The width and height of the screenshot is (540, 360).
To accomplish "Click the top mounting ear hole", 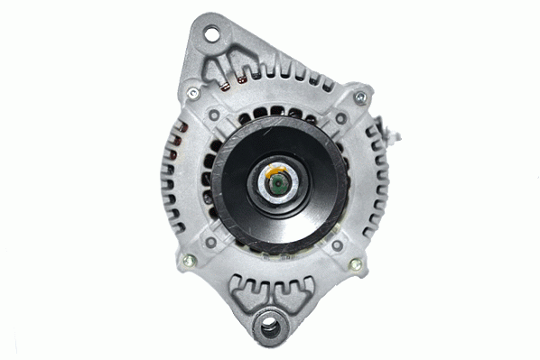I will tap(211, 35).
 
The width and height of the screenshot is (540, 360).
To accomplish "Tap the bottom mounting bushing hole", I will tap(269, 327).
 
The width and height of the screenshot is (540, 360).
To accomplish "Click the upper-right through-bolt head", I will tap(360, 97).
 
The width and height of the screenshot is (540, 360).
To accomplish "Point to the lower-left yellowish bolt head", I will tap(188, 262).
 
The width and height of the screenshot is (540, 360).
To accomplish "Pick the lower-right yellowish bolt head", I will tap(355, 265).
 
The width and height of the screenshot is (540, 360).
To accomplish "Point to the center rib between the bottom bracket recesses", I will tap(271, 287).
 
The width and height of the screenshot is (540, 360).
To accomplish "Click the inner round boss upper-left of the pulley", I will tap(213, 115).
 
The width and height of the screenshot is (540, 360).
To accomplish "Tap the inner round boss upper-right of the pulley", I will tap(340, 118).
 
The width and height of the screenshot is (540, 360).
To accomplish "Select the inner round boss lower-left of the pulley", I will tap(210, 242).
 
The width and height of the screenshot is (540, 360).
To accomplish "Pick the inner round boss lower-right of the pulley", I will tap(337, 245).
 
